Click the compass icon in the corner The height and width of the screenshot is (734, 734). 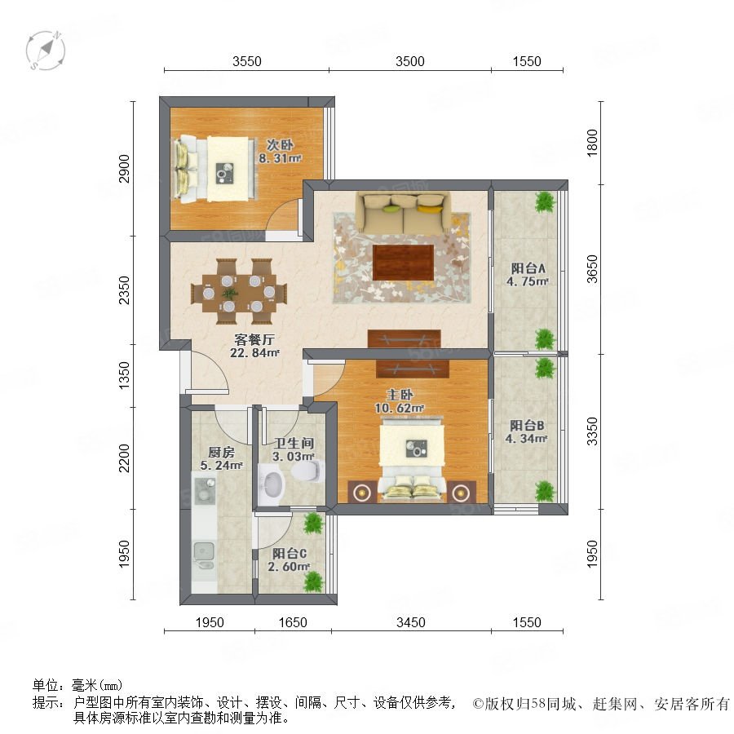tap(46, 51)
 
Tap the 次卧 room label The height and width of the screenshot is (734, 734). tap(280, 145)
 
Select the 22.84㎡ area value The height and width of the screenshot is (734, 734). tap(254, 352)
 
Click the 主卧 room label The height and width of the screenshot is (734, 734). tap(400, 395)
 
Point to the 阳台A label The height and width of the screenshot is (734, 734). tap(528, 268)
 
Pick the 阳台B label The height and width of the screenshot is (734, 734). tap(527, 426)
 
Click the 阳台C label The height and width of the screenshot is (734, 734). tap(290, 553)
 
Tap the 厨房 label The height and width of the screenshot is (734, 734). tap(221, 452)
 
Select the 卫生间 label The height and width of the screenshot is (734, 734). tap(294, 443)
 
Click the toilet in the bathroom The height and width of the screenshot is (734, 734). tap(308, 471)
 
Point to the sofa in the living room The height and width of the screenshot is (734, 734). tap(403, 212)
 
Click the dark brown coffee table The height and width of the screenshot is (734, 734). tap(403, 262)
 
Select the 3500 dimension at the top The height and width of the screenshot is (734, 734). tap(410, 61)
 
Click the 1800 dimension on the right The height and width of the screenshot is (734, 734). tap(592, 143)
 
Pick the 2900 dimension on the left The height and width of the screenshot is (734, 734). tap(124, 169)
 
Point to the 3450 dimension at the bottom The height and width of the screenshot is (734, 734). tap(411, 622)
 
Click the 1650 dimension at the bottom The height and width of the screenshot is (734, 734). tap(293, 622)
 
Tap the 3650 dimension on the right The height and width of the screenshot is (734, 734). tap(592, 269)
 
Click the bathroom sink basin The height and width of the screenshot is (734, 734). tap(272, 484)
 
